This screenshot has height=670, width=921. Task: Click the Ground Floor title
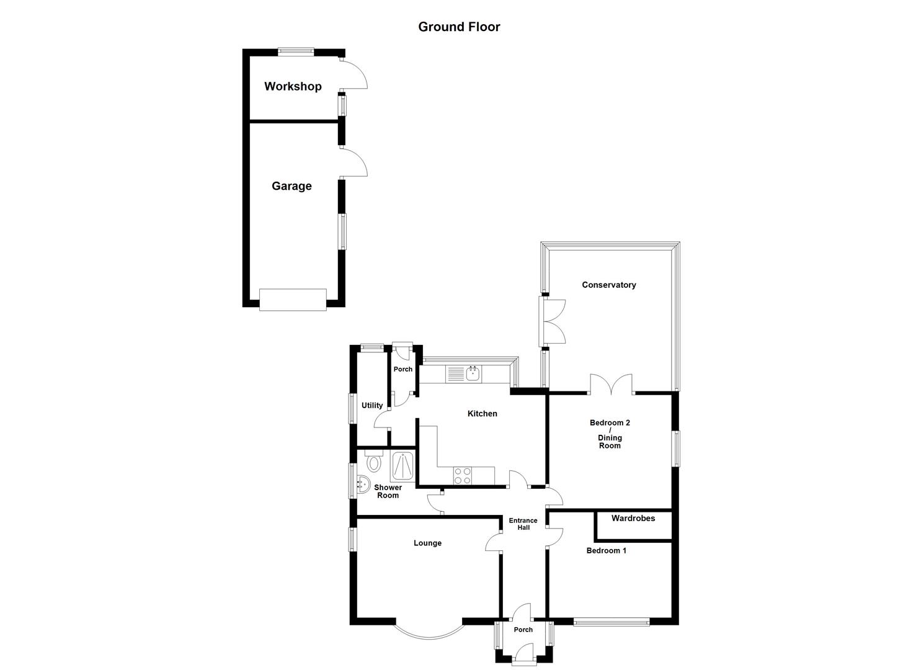pos(459,27)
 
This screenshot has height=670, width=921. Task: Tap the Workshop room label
pos(293,86)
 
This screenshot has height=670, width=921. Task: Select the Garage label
pos(291,186)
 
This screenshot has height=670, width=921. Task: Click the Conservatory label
pos(608,285)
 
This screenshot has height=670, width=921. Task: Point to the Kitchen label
pos(482,414)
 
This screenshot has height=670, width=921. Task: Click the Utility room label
pos(372,406)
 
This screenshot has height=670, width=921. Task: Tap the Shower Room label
pos(388,491)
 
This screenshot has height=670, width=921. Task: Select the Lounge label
pos(427,543)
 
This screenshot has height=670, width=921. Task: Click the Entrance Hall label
pos(523,524)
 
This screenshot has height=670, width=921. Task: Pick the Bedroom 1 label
pos(606,551)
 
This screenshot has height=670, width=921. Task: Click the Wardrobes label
pos(633,519)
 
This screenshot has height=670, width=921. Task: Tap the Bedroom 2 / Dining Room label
pos(610,434)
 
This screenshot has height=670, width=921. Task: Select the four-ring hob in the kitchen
pos(462,476)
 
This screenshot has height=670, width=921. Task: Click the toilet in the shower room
pos(373,462)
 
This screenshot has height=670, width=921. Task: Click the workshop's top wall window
pos(295,52)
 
